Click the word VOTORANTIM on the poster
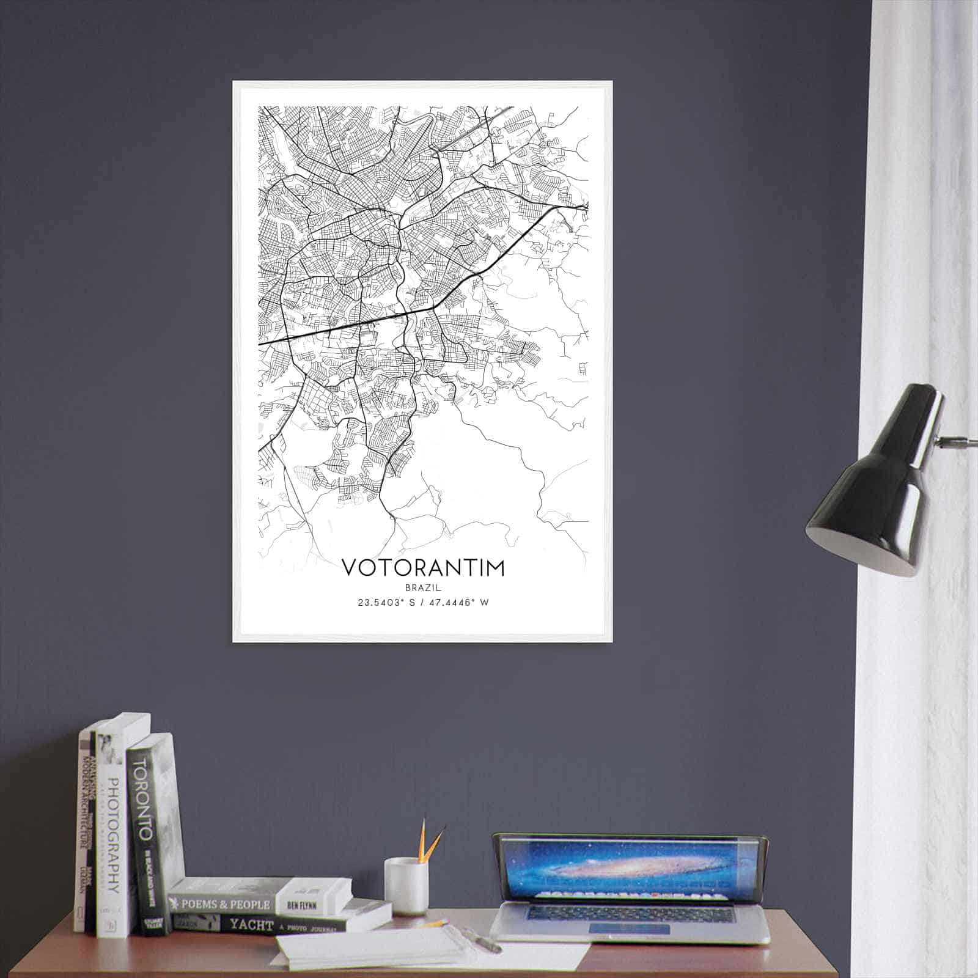pyautogui.click(x=423, y=567)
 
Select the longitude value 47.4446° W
pyautogui.click(x=458, y=603)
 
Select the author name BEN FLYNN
pyautogui.click(x=314, y=903)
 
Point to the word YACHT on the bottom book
pyautogui.click(x=251, y=925)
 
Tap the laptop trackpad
pyautogui.click(x=628, y=929)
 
